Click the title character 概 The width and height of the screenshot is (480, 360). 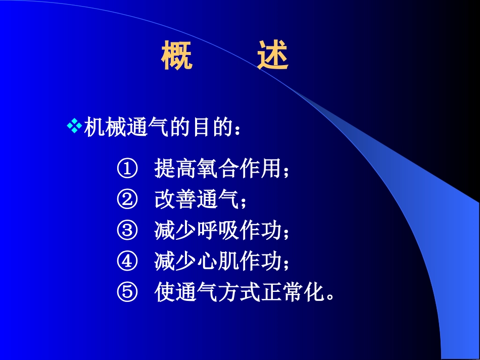[x=177, y=56]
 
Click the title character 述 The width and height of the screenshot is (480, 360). [x=273, y=56]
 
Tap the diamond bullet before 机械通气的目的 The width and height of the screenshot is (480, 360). [x=74, y=126]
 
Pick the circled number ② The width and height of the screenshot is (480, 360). [x=127, y=200]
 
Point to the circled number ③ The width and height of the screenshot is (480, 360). [x=127, y=231]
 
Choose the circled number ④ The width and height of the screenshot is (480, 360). [x=127, y=262]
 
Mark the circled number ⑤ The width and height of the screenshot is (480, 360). [x=127, y=293]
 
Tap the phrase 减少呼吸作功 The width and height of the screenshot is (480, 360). [x=217, y=231]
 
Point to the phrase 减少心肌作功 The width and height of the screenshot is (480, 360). [x=217, y=262]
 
